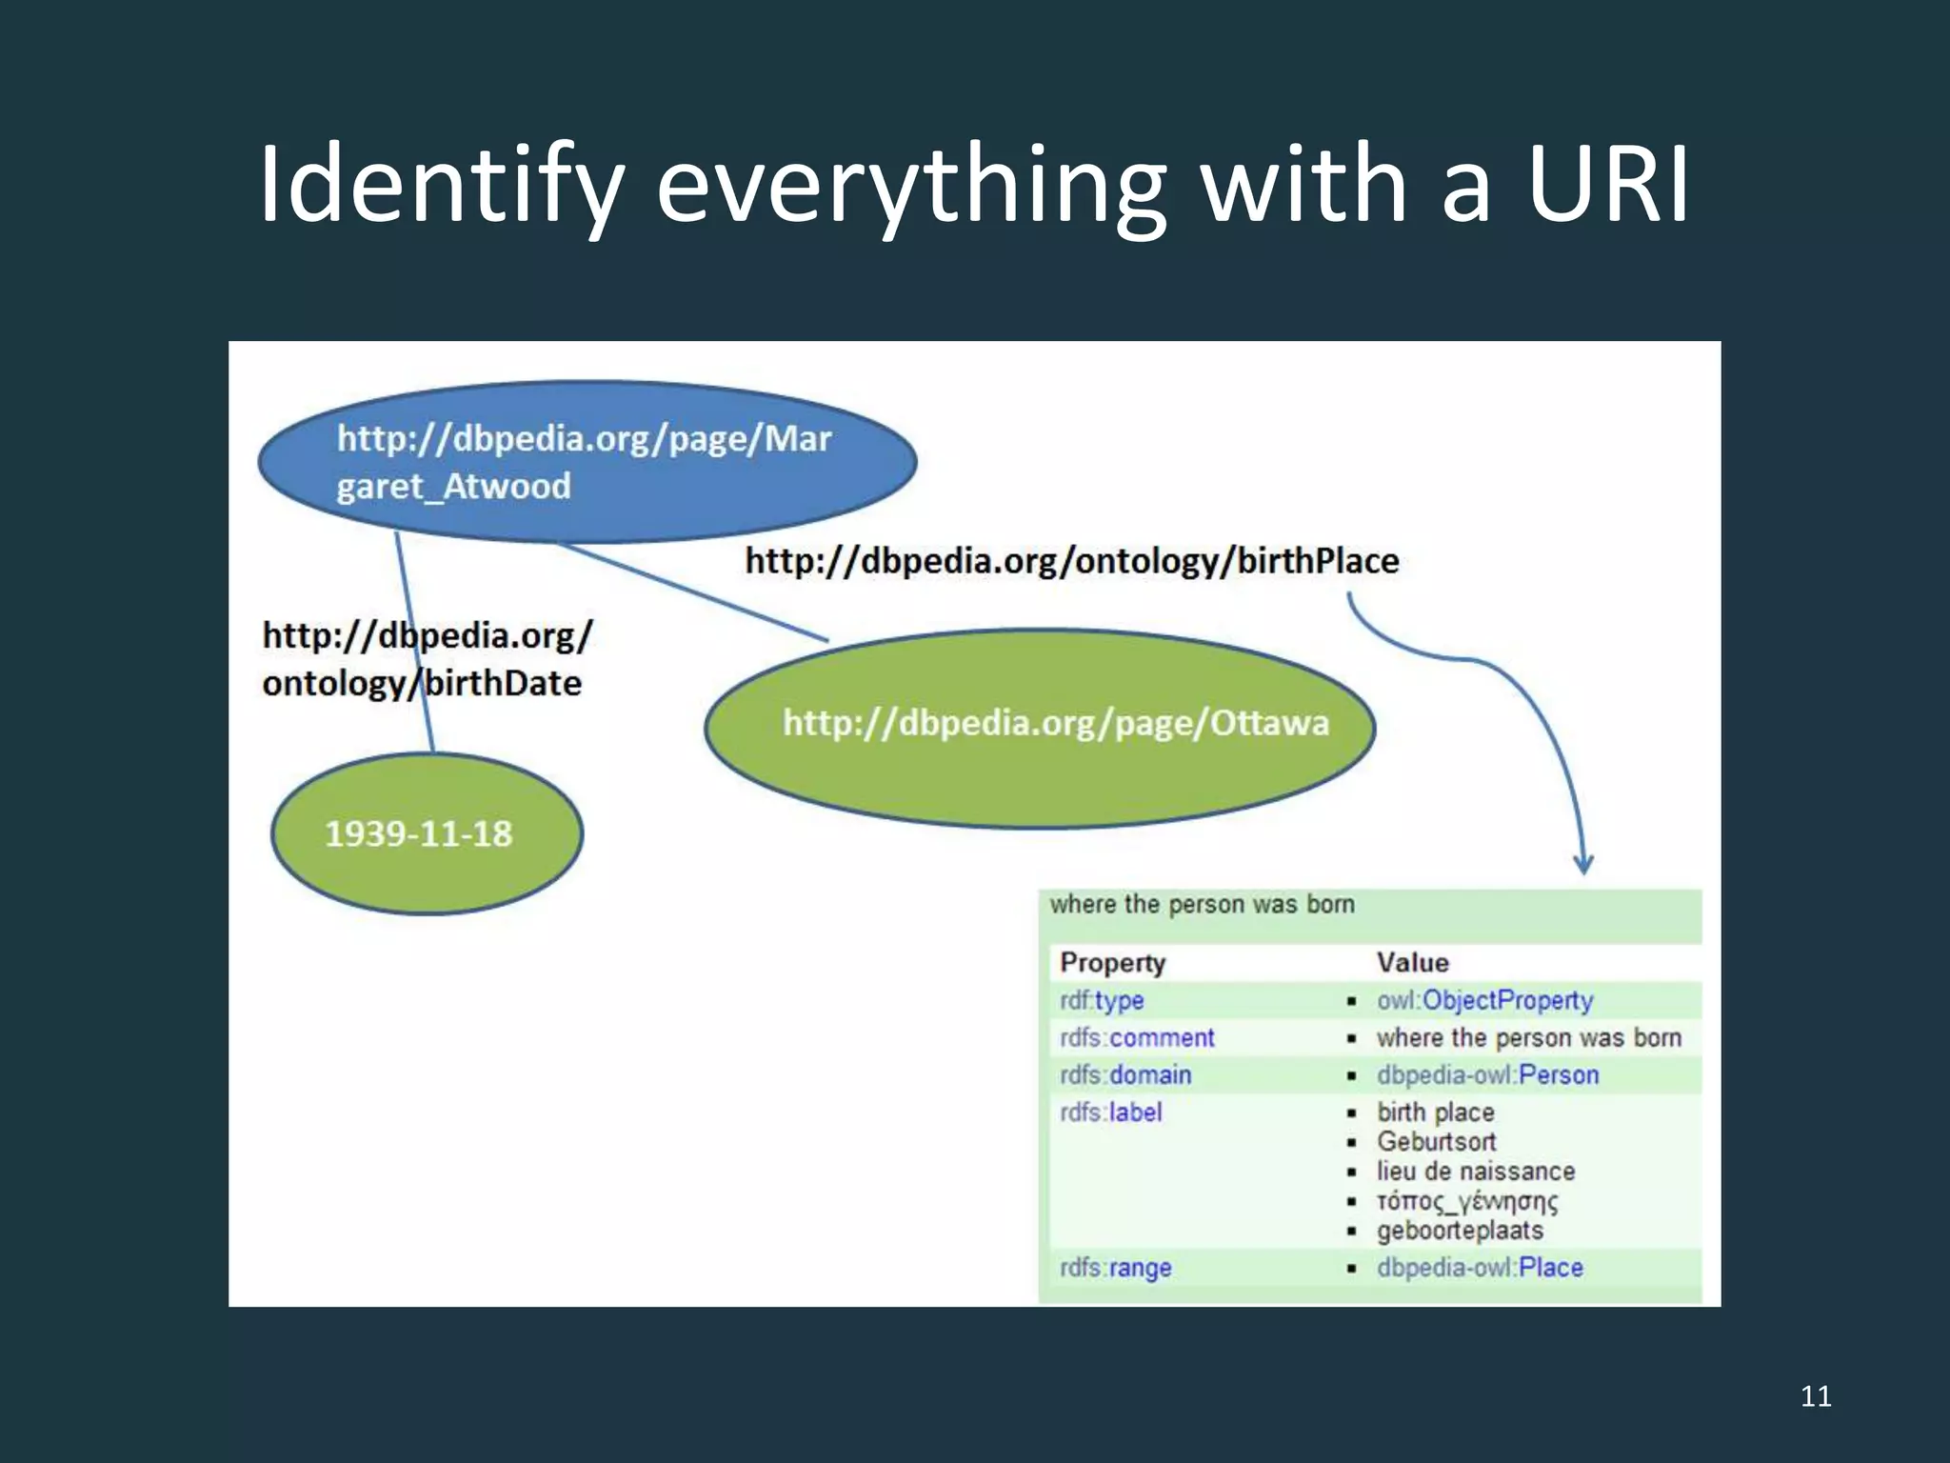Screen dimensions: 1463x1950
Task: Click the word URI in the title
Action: click(1608, 183)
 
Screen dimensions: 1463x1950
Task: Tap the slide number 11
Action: click(1816, 1396)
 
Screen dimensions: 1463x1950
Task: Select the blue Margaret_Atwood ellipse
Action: click(587, 462)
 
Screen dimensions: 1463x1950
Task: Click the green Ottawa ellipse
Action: click(1040, 729)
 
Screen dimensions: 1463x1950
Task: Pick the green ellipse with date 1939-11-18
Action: click(427, 833)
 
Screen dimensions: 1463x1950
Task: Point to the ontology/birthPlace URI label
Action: click(1072, 561)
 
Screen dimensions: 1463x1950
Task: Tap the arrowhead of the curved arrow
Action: click(1582, 865)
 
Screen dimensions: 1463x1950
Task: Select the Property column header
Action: click(1112, 963)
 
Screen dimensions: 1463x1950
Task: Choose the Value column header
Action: click(1412, 963)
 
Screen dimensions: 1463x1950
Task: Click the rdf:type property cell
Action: click(1102, 1000)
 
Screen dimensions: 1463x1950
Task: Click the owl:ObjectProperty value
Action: click(1484, 1000)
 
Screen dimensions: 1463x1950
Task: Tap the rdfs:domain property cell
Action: click(1125, 1074)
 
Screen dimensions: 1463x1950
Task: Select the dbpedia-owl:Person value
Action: click(1487, 1074)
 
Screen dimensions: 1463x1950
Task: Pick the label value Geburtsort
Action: click(1436, 1141)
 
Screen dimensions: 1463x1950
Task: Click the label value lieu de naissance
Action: click(1475, 1171)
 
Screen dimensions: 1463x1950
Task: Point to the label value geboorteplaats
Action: click(1459, 1231)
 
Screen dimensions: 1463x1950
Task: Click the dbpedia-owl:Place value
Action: click(1480, 1268)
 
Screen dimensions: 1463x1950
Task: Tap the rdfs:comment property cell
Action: click(1137, 1037)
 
